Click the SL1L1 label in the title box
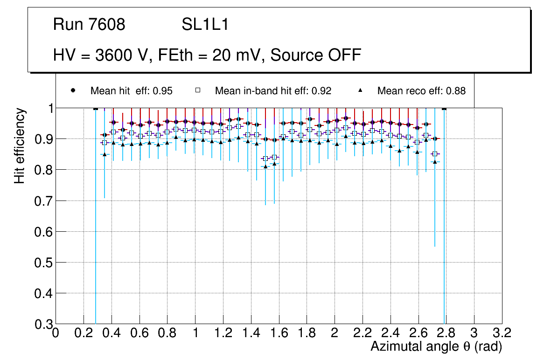pyautogui.click(x=205, y=25)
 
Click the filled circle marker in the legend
pyautogui.click(x=73, y=90)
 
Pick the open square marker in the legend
pyautogui.click(x=198, y=90)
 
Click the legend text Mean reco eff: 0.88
pyautogui.click(x=421, y=91)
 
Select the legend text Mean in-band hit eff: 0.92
pyautogui.click(x=273, y=91)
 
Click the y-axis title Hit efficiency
pyautogui.click(x=19, y=145)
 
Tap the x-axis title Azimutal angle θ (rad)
pyautogui.click(x=436, y=346)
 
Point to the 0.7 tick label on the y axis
pyautogui.click(x=43, y=201)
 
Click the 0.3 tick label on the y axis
pyautogui.click(x=43, y=324)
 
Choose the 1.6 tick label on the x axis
pyautogui.click(x=279, y=333)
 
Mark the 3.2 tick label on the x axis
pyautogui.click(x=502, y=333)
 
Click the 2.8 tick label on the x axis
pyautogui.click(x=446, y=333)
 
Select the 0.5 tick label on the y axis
pyautogui.click(x=43, y=263)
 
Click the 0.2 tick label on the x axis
pyautogui.click(x=84, y=333)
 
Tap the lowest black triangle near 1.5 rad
pyautogui.click(x=265, y=166)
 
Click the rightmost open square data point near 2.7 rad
pyautogui.click(x=435, y=154)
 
